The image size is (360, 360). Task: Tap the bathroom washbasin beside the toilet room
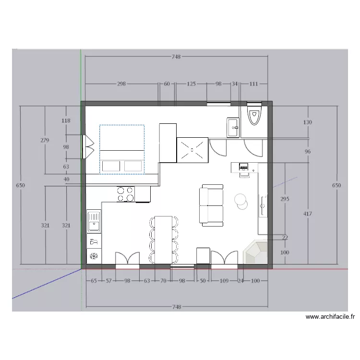(x=233, y=128)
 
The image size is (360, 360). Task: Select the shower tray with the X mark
(x=192, y=150)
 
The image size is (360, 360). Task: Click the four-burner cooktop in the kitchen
(x=125, y=194)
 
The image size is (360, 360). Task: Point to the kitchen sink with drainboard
(x=94, y=221)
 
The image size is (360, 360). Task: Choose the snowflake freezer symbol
(x=94, y=256)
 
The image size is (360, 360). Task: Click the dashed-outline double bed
(x=122, y=149)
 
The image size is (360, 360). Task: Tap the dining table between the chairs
(x=164, y=240)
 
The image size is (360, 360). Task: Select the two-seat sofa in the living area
(x=211, y=205)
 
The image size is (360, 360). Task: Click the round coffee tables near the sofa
(x=241, y=201)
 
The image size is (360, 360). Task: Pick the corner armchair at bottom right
(x=255, y=252)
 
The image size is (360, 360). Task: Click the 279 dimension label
(x=45, y=140)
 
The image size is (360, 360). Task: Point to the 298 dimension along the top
(x=121, y=84)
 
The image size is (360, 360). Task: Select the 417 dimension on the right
(x=307, y=214)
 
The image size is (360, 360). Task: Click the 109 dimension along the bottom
(x=224, y=281)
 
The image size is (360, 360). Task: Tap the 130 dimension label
(x=307, y=122)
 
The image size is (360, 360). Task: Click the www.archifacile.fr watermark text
(x=330, y=317)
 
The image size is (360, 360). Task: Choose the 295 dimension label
(x=285, y=199)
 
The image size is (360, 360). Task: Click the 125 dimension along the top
(x=191, y=84)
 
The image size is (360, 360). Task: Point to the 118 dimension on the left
(x=66, y=120)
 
